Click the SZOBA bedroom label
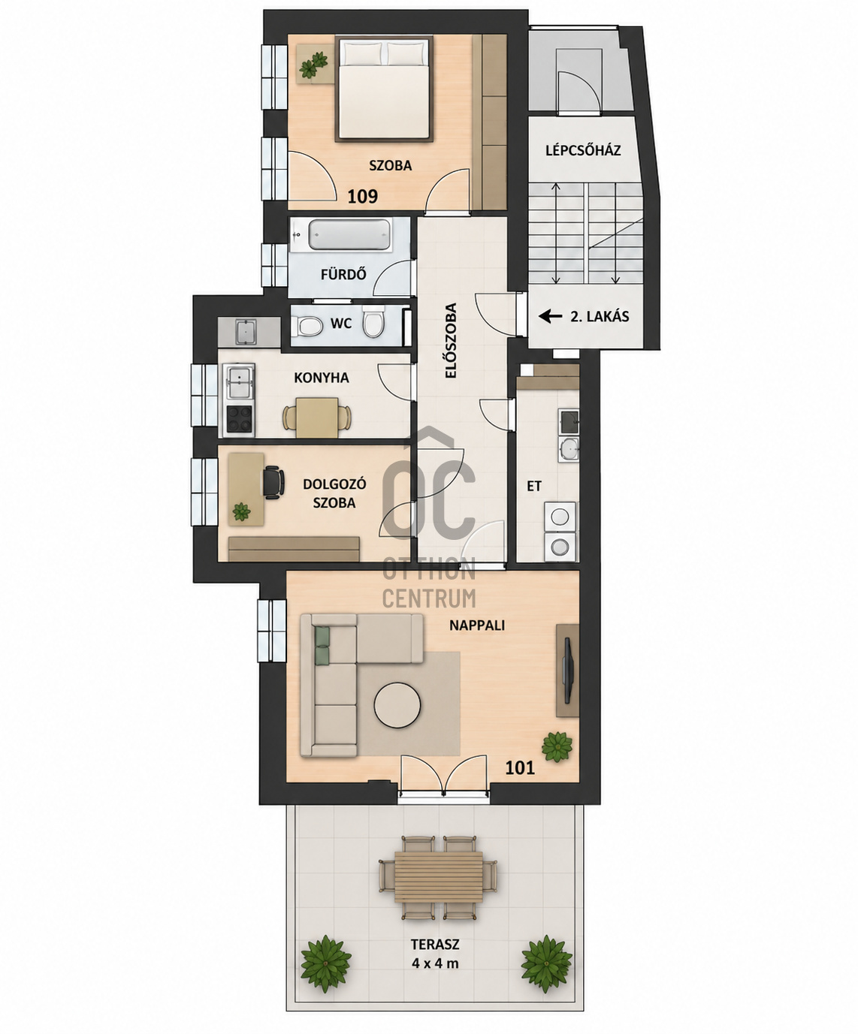point(391,165)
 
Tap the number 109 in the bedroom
point(363,197)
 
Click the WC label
point(341,324)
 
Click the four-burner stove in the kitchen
point(240,420)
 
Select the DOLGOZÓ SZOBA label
point(328,493)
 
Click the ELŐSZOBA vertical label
point(450,341)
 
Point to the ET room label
point(534,487)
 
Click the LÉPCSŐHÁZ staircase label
point(583,150)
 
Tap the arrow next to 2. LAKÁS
point(550,316)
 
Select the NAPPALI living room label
point(477,626)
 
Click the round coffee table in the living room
point(397,705)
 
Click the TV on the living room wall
point(568,671)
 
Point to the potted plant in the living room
point(557,746)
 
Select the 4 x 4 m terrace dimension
point(435,963)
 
